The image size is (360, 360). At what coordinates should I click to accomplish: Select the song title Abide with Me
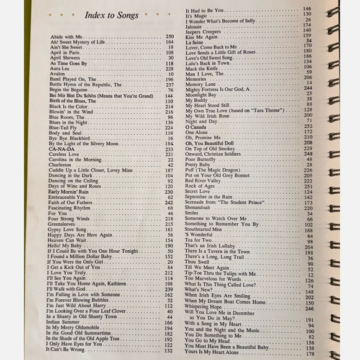(x=65, y=37)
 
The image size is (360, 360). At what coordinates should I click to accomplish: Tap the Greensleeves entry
(x=63, y=223)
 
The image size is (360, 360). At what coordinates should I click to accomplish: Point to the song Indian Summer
(x=65, y=323)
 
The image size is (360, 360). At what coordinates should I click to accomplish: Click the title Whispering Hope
(x=202, y=307)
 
